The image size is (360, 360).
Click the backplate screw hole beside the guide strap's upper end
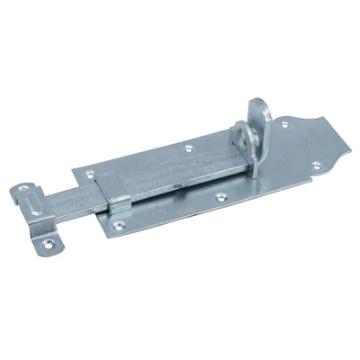pos(90,171)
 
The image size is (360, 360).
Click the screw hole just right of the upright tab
pos(284,125)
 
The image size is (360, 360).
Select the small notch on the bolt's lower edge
pos(183,186)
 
